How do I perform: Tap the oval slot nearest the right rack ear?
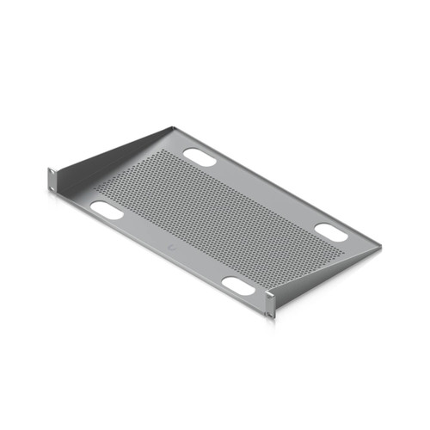point(238,286)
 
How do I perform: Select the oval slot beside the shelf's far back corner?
point(200,158)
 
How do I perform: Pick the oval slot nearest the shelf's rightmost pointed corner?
point(331,231)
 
